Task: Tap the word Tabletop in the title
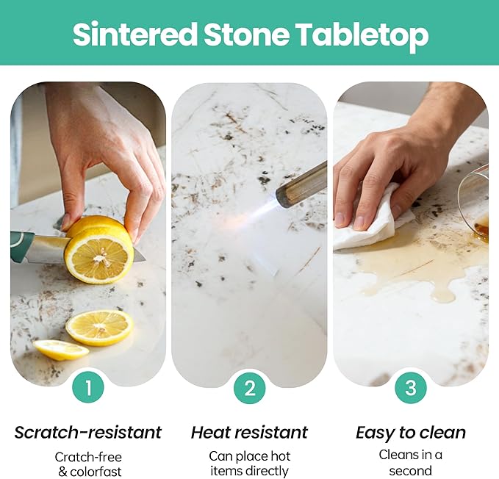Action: [362, 35]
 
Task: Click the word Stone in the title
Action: [246, 34]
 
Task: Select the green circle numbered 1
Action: [88, 388]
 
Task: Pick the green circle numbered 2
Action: [250, 389]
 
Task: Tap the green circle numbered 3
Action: [411, 388]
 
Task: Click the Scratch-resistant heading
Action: [88, 433]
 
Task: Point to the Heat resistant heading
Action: [250, 433]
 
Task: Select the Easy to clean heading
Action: [411, 433]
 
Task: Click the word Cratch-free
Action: [88, 457]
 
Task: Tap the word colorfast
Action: [96, 472]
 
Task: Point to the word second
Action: [411, 470]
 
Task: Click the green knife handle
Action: [21, 247]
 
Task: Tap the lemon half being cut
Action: [98, 250]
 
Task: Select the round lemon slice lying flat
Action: [99, 328]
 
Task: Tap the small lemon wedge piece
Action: [60, 350]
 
